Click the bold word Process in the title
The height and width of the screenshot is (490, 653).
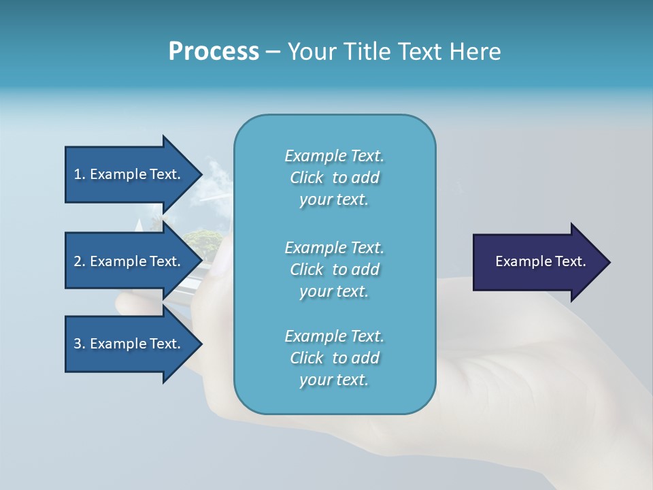[x=214, y=52]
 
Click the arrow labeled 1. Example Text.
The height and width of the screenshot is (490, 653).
[x=129, y=174]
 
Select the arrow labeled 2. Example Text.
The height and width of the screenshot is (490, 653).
[x=129, y=261]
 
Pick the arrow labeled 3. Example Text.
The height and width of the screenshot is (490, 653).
[x=129, y=344]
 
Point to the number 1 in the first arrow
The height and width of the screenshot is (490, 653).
[x=78, y=174]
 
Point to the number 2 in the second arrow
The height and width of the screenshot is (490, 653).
[x=78, y=261]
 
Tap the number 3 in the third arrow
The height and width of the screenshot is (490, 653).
[x=78, y=344]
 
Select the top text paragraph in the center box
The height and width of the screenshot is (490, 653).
[x=335, y=178]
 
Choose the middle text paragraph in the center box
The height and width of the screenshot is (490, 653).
[x=335, y=269]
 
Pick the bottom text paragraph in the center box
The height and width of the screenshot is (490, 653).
[x=335, y=358]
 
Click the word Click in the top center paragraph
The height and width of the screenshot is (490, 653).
[x=307, y=178]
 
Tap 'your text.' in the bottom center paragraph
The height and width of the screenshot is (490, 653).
[x=334, y=380]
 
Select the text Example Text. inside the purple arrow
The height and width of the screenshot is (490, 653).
[x=541, y=261]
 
